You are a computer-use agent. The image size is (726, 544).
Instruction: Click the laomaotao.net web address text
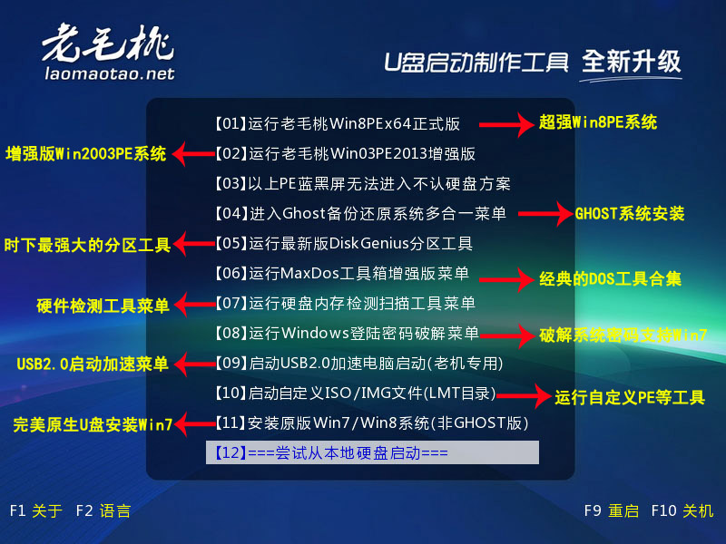point(110,73)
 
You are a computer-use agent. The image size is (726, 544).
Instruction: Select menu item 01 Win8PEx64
point(338,124)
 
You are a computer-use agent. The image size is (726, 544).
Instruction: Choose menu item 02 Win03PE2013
point(345,153)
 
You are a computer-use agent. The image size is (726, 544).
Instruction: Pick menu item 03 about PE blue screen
point(362,184)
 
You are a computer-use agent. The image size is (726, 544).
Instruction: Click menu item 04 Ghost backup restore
point(360,213)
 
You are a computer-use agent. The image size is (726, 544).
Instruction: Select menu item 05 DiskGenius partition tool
point(344,243)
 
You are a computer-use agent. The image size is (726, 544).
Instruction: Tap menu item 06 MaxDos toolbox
point(342,274)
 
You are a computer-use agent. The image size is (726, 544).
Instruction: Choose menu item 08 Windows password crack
point(347,333)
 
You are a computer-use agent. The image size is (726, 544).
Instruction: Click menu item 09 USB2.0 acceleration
point(358,364)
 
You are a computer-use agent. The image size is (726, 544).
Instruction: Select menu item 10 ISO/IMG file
point(355,393)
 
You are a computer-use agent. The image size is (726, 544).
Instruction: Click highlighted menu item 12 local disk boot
point(372,452)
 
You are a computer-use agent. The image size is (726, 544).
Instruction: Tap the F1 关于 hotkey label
point(36,510)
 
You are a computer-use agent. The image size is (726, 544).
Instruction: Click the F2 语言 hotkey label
point(103,510)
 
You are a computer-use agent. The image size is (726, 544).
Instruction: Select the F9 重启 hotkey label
point(612,510)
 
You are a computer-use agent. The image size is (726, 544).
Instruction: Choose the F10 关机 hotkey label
point(682,510)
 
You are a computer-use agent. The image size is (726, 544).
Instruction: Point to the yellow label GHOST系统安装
point(630,214)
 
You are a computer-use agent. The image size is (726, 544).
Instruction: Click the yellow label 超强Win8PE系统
point(598,122)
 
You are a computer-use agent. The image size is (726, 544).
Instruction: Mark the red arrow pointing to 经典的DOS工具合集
point(506,279)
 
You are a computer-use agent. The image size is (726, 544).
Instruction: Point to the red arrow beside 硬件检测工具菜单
point(195,305)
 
